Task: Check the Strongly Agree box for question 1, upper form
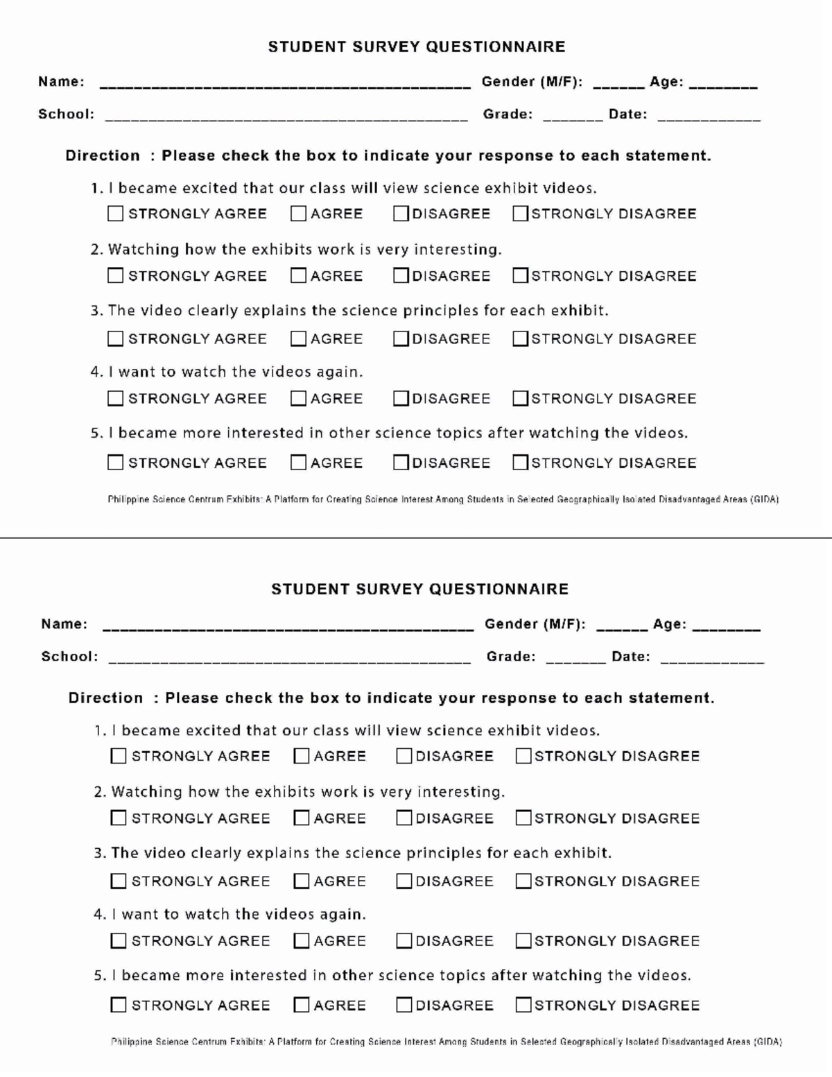115,214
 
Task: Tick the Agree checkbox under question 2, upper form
298,276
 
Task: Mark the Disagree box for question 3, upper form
401,338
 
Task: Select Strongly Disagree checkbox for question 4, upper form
520,399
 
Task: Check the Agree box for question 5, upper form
298,463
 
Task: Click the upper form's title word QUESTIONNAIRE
495,47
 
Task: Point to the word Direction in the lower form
105,698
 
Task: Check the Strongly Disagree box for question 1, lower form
523,756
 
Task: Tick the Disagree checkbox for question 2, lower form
404,818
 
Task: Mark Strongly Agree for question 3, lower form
119,881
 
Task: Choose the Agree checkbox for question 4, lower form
302,941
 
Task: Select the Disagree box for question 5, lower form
404,1005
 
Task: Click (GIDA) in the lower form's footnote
768,1042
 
